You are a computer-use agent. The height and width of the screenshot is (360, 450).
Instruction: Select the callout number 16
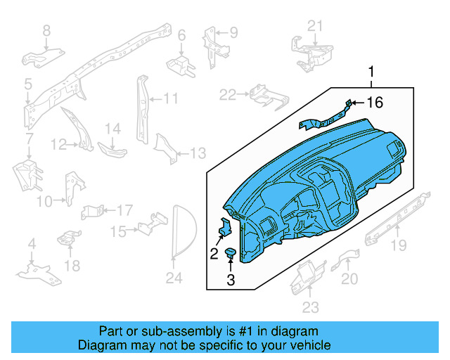(x=375, y=103)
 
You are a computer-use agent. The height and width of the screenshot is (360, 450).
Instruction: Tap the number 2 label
(x=214, y=254)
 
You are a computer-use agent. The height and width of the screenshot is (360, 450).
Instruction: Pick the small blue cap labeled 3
(x=231, y=253)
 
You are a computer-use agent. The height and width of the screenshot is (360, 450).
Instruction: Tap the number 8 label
(x=46, y=30)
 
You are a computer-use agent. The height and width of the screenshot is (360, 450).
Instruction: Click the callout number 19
(x=399, y=245)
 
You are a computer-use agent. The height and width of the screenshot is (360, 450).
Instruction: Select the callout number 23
(x=310, y=307)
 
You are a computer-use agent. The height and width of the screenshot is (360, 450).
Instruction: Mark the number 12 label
(x=59, y=145)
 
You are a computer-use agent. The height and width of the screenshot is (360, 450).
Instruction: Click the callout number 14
(x=113, y=128)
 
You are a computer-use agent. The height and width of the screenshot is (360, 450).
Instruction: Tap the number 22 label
(x=228, y=94)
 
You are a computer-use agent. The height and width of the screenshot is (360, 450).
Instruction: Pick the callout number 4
(x=31, y=244)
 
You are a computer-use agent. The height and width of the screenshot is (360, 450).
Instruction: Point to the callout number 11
(x=171, y=98)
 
